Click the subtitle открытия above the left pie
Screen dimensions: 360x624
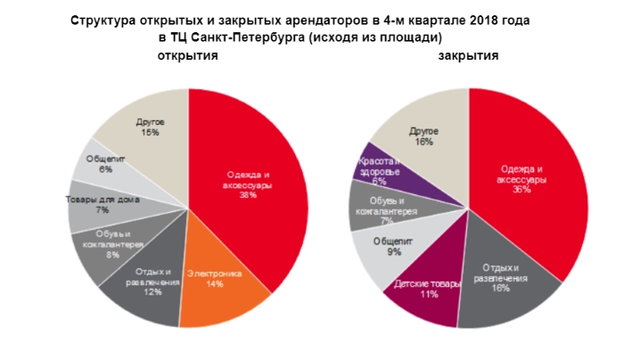click(x=188, y=56)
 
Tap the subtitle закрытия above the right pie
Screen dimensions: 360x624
click(x=468, y=56)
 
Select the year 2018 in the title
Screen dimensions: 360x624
click(x=475, y=20)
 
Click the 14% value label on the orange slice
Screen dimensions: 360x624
click(x=215, y=284)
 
